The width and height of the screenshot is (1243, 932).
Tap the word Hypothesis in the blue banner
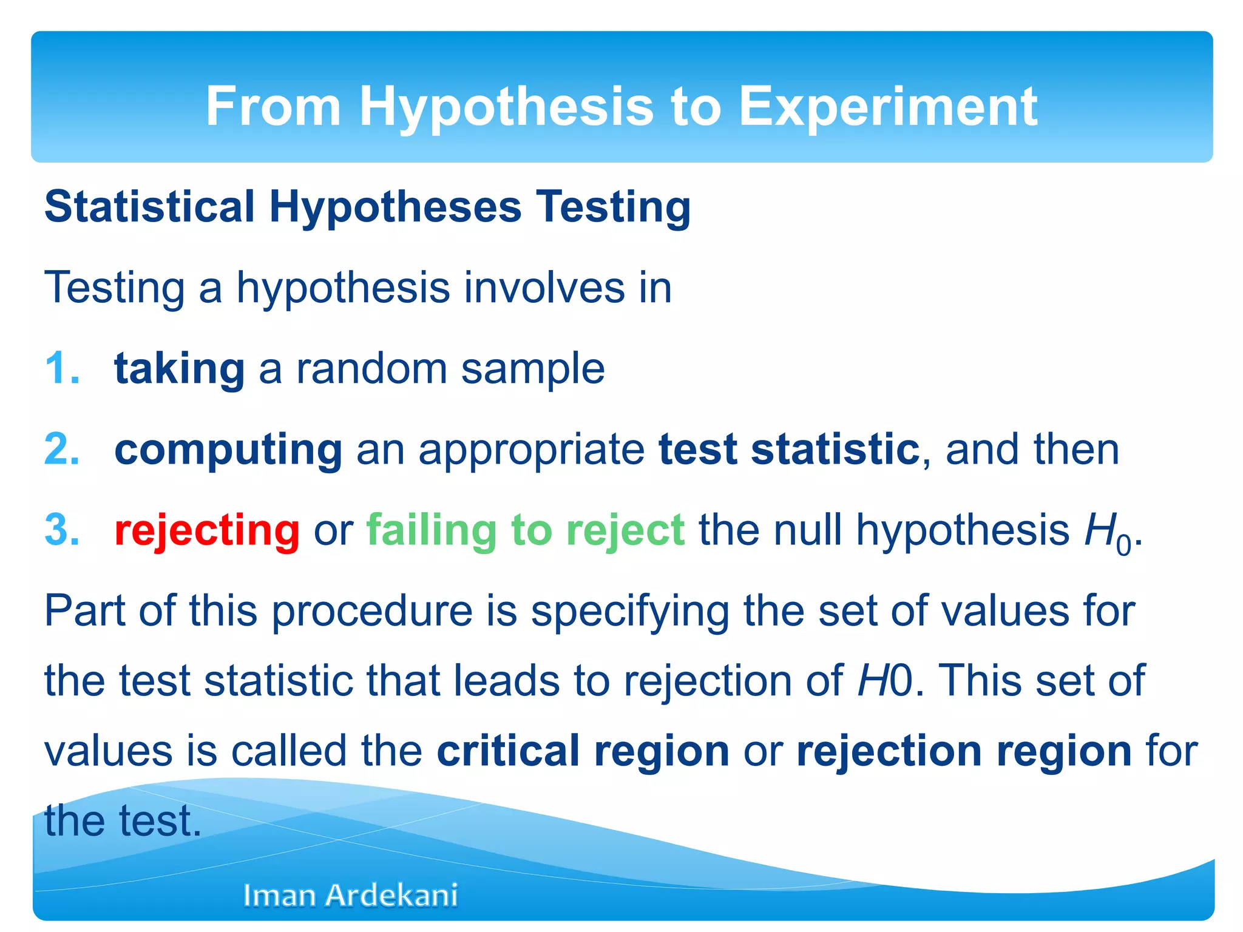click(507, 107)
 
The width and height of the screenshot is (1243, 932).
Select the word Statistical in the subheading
click(149, 207)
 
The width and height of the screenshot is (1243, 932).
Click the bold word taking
click(180, 369)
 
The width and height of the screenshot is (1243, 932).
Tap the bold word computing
click(228, 450)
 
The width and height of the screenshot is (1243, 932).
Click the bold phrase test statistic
click(789, 450)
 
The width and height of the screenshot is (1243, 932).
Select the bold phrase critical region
click(583, 752)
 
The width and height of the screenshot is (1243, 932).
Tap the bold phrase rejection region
click(964, 752)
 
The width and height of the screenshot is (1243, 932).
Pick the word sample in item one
click(533, 369)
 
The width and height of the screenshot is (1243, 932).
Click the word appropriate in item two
click(531, 451)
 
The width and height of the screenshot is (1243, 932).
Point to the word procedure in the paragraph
click(371, 611)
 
